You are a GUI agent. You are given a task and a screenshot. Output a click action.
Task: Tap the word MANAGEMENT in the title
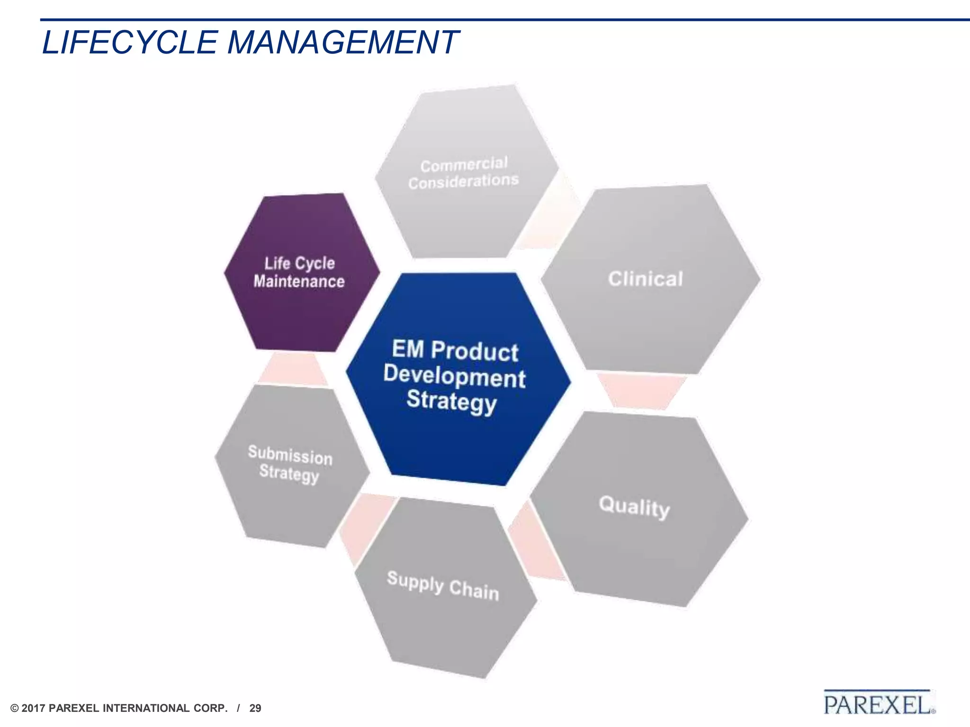tap(343, 43)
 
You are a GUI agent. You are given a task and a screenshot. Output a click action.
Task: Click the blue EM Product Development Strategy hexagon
tap(458, 379)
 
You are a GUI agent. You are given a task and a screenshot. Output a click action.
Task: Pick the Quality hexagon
tap(637, 509)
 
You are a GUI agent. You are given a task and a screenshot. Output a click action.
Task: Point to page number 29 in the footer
tap(255, 709)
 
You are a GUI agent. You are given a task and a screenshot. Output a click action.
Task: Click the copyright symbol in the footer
tap(15, 709)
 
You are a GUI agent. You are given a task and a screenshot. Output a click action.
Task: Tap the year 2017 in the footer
tap(33, 709)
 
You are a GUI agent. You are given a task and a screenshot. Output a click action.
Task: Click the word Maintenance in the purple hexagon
tap(299, 282)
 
